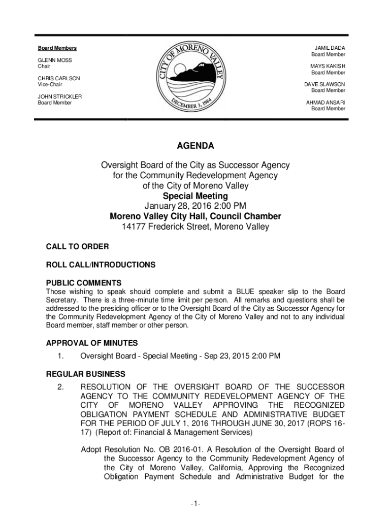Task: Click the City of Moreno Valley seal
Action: pyautogui.click(x=195, y=78)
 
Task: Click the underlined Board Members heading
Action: pyautogui.click(x=57, y=48)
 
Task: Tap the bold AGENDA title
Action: pyautogui.click(x=195, y=146)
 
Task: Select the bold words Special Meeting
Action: pyautogui.click(x=195, y=196)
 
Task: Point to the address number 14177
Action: pyautogui.click(x=133, y=227)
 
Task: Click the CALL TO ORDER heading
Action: pyautogui.click(x=77, y=246)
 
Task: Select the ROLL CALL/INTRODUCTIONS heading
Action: pyautogui.click(x=101, y=265)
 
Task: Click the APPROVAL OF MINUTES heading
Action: pyautogui.click(x=92, y=343)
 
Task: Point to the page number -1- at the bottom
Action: pyautogui.click(x=195, y=504)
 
